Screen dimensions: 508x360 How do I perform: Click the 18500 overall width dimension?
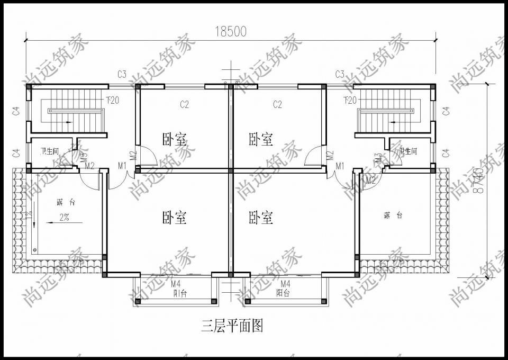231,31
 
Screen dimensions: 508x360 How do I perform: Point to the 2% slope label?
64,216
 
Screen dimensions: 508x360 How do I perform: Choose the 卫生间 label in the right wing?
408,151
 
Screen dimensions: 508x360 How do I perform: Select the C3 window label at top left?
122,74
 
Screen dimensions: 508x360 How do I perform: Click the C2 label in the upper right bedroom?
277,105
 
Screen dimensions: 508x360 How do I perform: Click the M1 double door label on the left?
122,166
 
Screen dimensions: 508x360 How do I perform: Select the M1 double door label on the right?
340,166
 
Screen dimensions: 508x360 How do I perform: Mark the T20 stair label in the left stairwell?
112,100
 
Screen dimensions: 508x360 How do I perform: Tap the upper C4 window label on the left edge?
16,111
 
